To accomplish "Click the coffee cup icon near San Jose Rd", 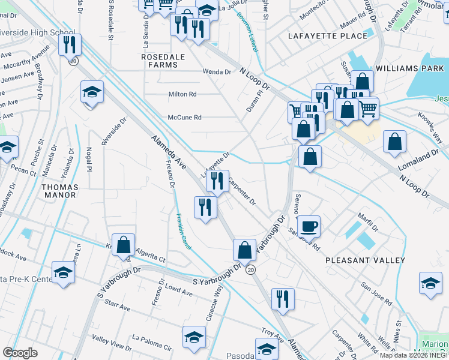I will point(309,226).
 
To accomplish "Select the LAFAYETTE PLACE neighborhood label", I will point(327,36).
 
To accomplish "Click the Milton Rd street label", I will point(182,95).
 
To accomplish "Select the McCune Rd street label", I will point(184,118).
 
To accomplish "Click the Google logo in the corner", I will point(20,353).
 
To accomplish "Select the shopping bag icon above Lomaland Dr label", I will point(395,142).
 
